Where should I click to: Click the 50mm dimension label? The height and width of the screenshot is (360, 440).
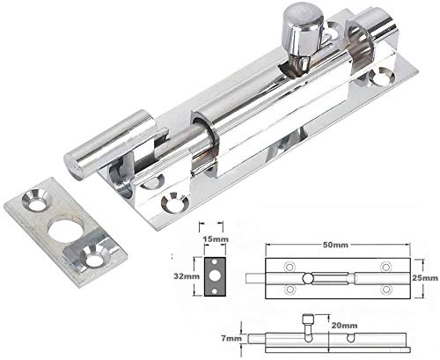click(x=335, y=245)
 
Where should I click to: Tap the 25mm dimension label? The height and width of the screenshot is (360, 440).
click(x=425, y=277)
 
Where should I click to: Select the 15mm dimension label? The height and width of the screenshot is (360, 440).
click(x=216, y=239)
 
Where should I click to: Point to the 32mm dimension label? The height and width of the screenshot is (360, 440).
click(x=187, y=276)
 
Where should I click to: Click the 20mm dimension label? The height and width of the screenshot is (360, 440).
click(x=344, y=326)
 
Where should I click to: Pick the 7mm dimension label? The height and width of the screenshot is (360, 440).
click(x=231, y=338)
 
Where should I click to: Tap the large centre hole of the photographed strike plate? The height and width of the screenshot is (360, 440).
click(x=65, y=231)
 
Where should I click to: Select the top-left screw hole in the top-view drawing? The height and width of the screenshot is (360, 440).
click(x=290, y=267)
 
